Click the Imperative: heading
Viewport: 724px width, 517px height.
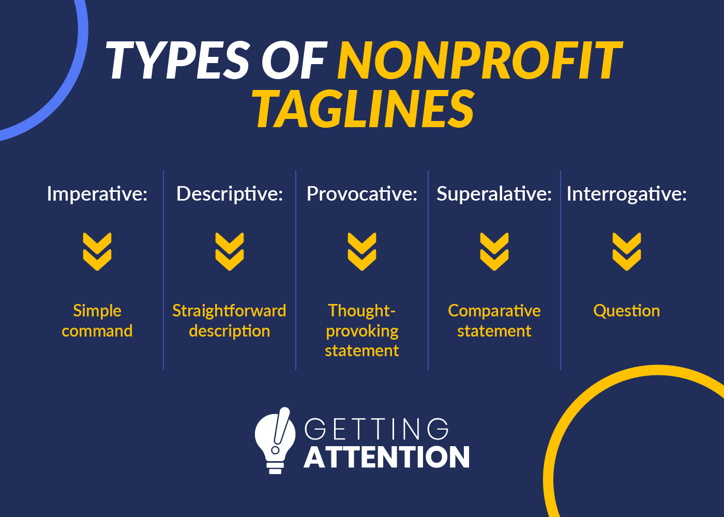(97, 194)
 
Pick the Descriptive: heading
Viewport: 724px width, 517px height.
(230, 194)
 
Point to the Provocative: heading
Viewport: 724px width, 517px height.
(362, 194)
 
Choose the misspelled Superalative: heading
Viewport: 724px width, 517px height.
(494, 194)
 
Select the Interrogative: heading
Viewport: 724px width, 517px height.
(627, 194)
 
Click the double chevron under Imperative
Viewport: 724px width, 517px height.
(97, 251)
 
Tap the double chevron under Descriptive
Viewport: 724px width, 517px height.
(230, 251)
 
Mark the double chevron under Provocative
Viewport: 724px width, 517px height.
(362, 251)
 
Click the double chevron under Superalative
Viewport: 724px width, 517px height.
(494, 251)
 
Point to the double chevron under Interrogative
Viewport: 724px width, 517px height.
(627, 251)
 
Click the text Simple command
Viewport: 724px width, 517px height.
(97, 321)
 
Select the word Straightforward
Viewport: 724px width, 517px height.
(229, 311)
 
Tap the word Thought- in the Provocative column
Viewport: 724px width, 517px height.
(362, 311)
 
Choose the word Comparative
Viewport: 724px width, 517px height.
(494, 311)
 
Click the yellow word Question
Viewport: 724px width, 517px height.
(627, 311)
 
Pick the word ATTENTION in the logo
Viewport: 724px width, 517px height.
(387, 458)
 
